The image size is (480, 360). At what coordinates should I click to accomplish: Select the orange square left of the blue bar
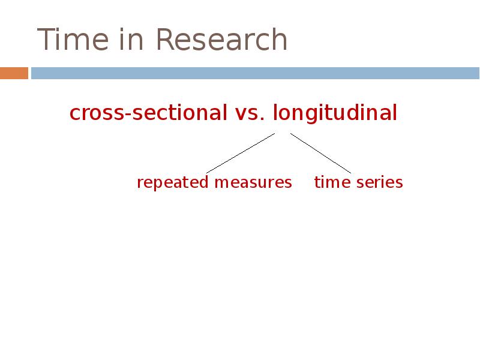pos(14,73)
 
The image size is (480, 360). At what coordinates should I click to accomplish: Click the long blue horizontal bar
pos(255,73)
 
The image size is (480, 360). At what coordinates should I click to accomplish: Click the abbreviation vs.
pos(247,113)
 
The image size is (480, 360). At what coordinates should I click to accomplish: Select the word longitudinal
pos(335,113)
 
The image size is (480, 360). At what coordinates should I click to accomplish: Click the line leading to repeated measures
pos(240,153)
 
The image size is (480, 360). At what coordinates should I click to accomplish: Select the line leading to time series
pos(320,153)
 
